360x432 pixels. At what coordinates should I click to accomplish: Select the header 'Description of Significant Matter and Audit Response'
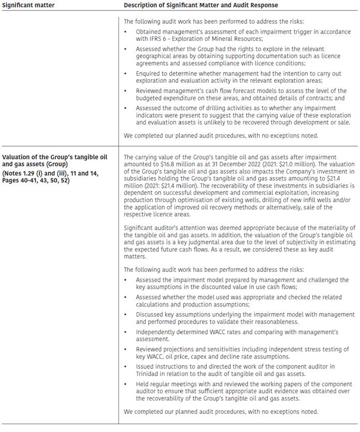click(x=201, y=5)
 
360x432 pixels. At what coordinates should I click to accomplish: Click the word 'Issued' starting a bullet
click(x=145, y=366)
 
